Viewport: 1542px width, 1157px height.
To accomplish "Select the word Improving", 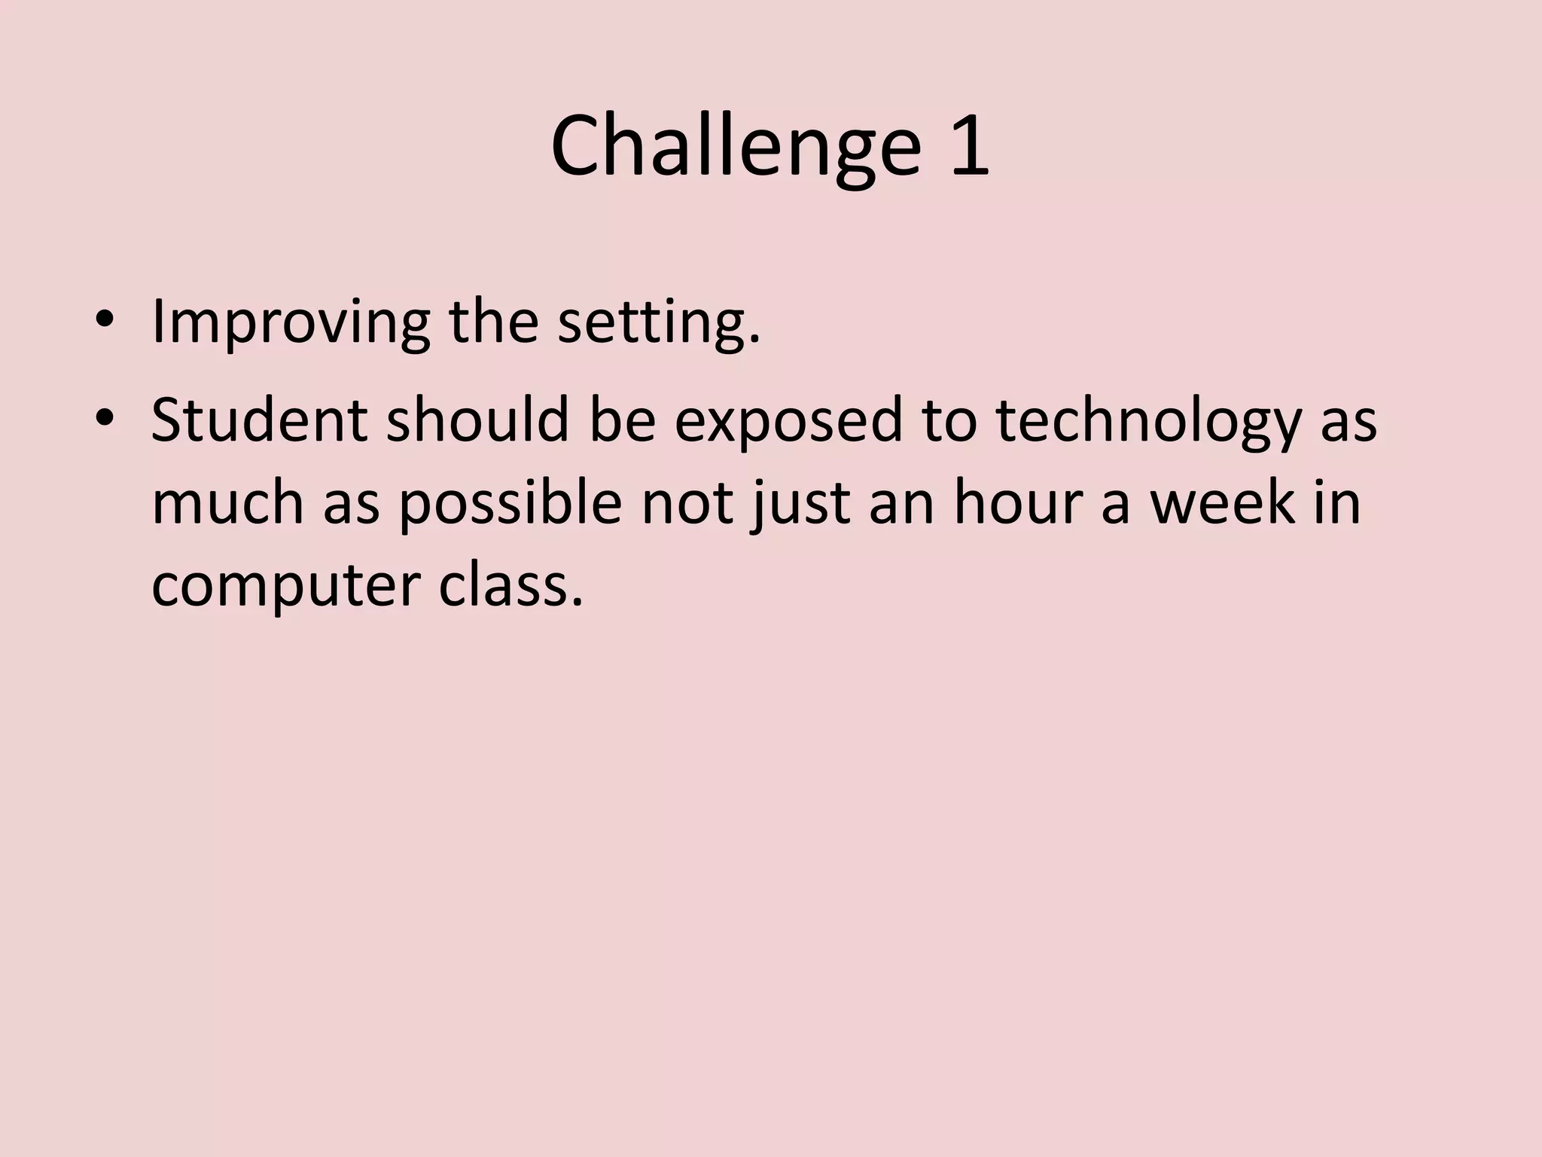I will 291,322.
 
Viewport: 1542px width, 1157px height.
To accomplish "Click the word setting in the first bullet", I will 659,322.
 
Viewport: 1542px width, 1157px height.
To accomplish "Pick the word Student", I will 259,420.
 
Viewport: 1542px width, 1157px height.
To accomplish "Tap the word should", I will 477,420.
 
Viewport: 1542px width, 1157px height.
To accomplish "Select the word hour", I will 1018,502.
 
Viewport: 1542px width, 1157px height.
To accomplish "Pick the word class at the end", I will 510,585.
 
